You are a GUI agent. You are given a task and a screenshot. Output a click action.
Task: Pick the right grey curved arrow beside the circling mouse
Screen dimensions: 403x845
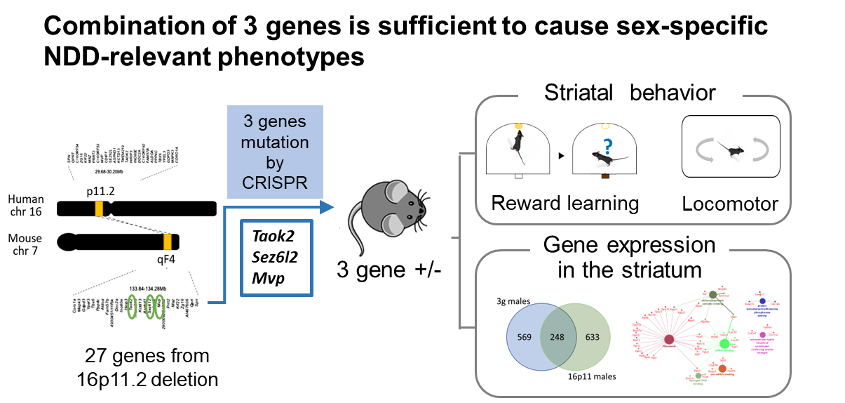click(x=760, y=151)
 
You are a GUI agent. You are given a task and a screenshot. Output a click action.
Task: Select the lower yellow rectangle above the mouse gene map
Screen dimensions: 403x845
click(x=168, y=242)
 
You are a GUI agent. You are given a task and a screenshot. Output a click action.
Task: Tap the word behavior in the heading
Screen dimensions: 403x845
click(x=673, y=93)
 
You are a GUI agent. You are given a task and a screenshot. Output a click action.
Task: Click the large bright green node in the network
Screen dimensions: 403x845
click(x=724, y=343)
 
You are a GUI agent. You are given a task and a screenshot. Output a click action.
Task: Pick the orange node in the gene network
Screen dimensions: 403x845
click(x=722, y=368)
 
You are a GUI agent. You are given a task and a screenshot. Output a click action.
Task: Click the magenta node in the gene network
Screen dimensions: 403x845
click(x=763, y=336)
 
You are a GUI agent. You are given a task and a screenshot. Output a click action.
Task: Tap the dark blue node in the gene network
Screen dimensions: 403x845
click(x=762, y=300)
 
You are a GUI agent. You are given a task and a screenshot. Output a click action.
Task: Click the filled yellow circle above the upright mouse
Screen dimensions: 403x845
click(x=519, y=126)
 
